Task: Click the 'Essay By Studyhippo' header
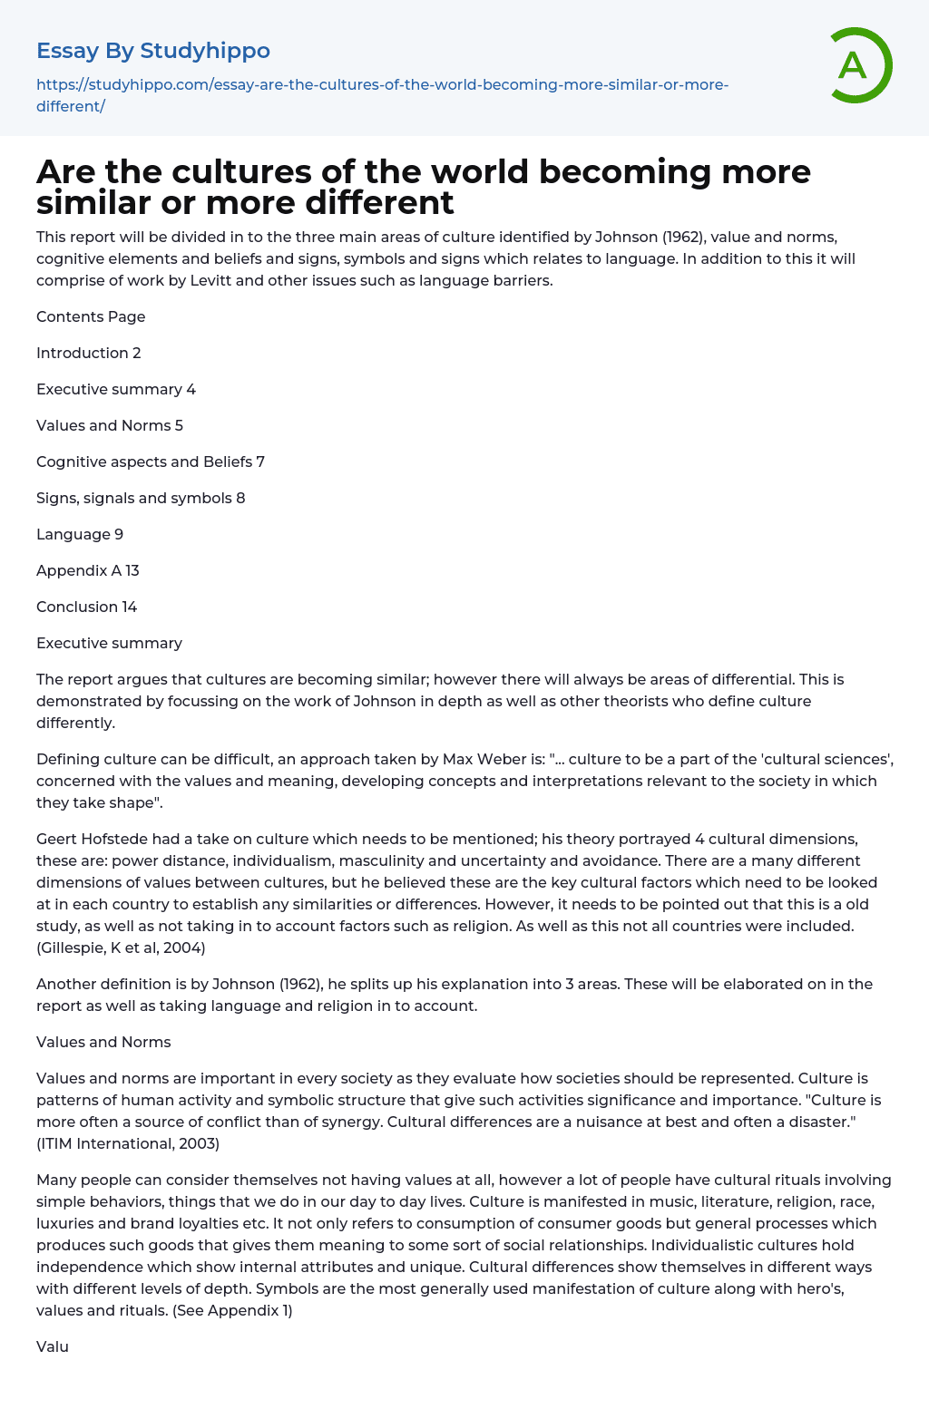[153, 51]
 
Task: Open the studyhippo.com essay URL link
[382, 95]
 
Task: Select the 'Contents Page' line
[91, 316]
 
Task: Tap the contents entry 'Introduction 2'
[89, 353]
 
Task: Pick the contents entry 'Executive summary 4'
[116, 389]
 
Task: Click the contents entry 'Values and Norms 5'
[110, 425]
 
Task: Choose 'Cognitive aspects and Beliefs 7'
[151, 462]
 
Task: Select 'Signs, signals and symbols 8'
[141, 498]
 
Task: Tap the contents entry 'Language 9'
[80, 534]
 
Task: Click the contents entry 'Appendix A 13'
[88, 570]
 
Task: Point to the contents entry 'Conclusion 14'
[87, 607]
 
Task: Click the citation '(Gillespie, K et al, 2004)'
[121, 947]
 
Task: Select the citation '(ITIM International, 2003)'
[128, 1143]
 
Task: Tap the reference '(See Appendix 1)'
[232, 1310]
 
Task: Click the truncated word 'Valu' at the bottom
[53, 1346]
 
